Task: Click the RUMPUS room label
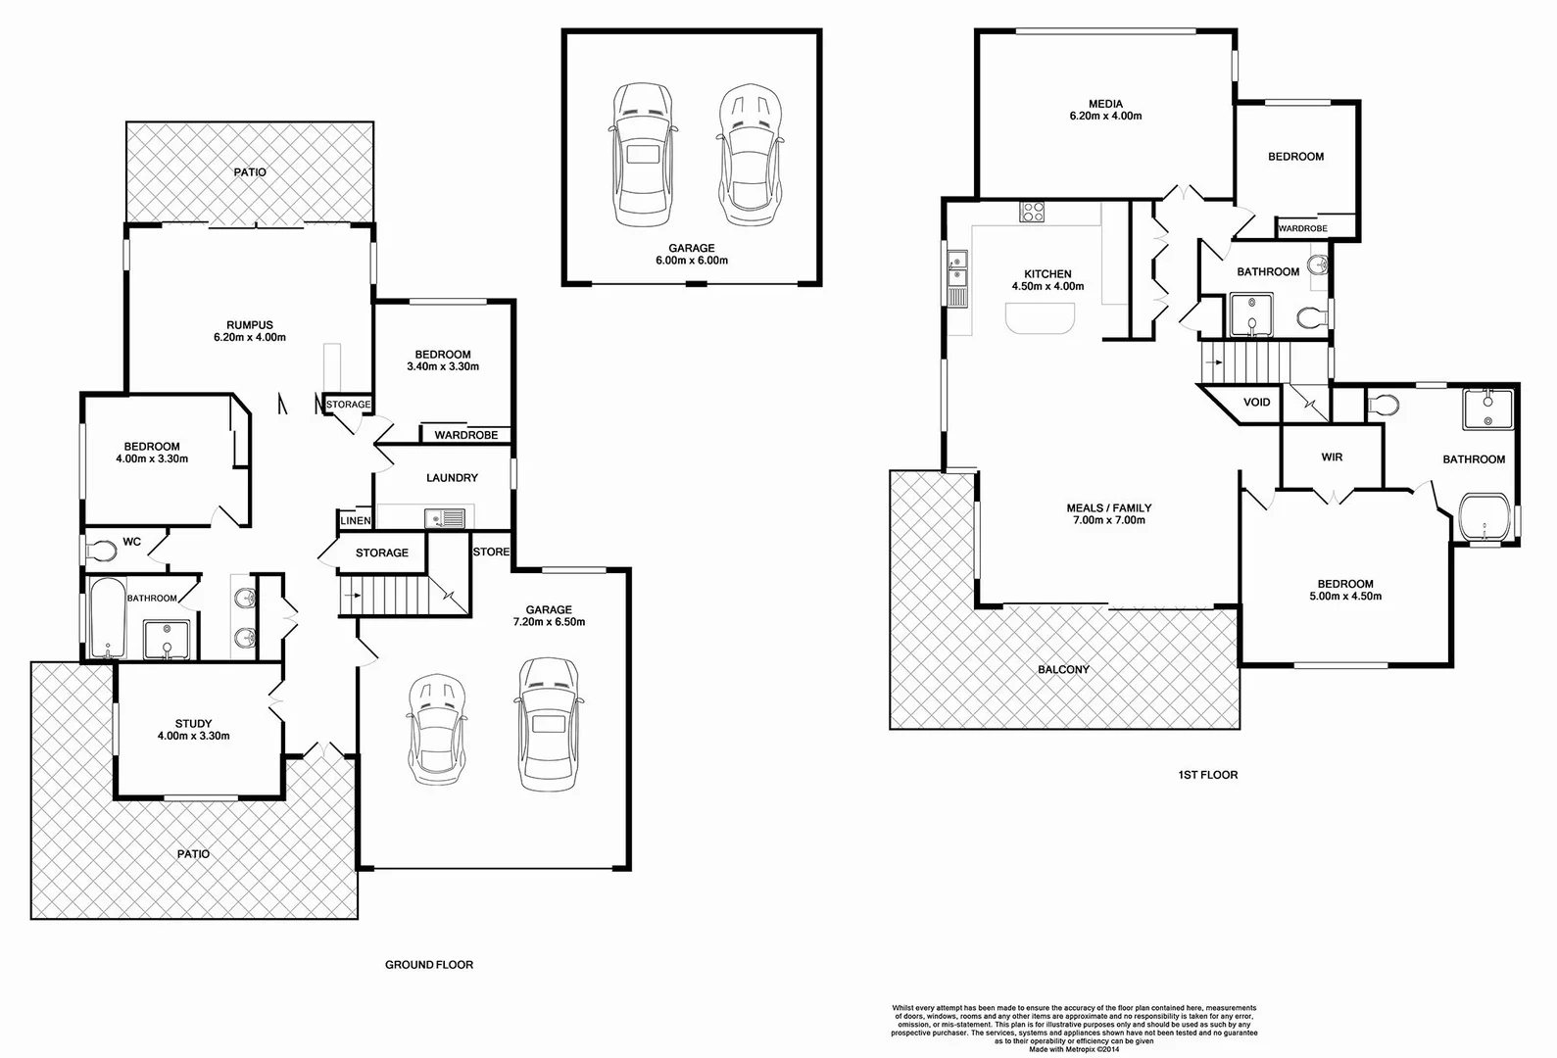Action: (249, 325)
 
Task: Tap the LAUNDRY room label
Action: (452, 478)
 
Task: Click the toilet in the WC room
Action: (100, 552)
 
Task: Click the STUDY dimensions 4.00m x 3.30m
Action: (193, 736)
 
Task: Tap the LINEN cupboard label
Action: (356, 521)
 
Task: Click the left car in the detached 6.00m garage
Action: (642, 154)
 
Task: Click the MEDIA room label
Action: (1105, 104)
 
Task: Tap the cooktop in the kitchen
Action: (1033, 213)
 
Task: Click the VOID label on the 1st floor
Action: (1256, 403)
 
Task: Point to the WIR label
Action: (1332, 457)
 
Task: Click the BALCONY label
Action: (1063, 670)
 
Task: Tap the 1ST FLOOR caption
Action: (1207, 775)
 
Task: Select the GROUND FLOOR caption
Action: (428, 965)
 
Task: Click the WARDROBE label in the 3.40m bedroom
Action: (466, 435)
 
